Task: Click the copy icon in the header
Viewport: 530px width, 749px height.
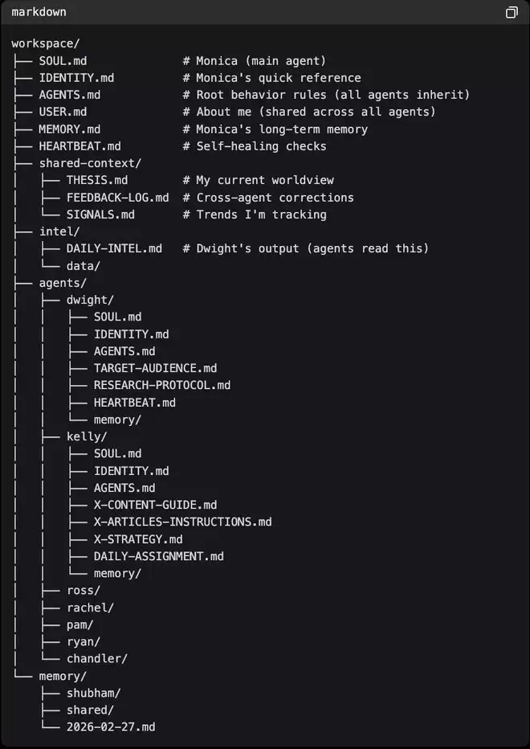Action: [512, 12]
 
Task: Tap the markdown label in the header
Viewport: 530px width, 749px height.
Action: [39, 12]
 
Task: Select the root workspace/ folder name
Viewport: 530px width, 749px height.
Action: [45, 43]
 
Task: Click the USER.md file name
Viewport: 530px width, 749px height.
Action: [63, 112]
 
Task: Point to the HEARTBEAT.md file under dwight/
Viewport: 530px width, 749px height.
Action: [134, 402]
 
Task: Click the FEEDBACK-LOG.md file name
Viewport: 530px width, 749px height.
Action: [117, 197]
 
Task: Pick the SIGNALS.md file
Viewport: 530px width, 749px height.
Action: [100, 215]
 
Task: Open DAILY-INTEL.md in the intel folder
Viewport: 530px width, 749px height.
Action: [114, 248]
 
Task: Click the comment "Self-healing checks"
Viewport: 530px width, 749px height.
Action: [261, 146]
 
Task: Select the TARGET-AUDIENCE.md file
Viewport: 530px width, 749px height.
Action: [155, 368]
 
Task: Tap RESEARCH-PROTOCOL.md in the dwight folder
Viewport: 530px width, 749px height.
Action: [161, 385]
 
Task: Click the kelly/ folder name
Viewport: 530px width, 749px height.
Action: [87, 436]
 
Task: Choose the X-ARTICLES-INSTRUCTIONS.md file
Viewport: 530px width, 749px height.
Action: [182, 522]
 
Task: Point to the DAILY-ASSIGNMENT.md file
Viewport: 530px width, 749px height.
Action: [158, 555]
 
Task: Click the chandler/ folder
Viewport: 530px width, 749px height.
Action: [96, 658]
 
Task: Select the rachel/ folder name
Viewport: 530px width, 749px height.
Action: [90, 607]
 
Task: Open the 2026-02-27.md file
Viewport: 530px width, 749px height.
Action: [111, 726]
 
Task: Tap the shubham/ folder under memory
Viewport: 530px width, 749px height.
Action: [93, 692]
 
